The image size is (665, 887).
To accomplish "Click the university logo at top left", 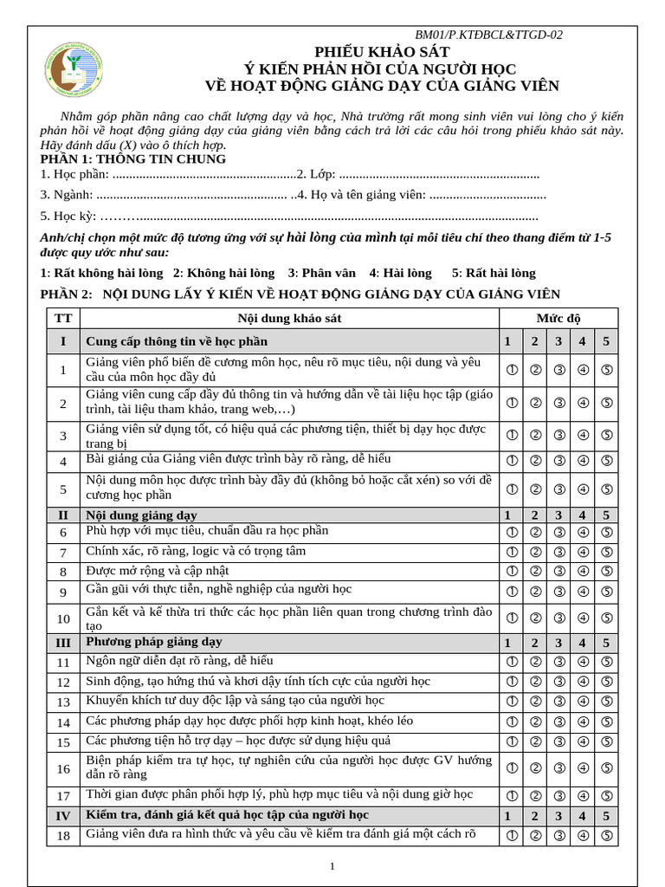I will pos(75,70).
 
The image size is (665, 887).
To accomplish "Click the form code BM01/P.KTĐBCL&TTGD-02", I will pos(488,35).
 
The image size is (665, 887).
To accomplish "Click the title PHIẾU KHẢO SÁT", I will pos(382,52).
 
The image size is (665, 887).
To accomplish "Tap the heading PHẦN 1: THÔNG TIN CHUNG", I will pos(133,159).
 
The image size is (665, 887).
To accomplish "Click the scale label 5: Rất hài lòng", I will pos(494,273).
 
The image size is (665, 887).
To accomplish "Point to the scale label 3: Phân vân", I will pos(323,273).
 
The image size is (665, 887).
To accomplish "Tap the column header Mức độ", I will pos(558,318).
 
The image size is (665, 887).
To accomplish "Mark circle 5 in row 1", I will pos(606,370).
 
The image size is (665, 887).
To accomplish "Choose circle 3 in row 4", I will pos(559,461).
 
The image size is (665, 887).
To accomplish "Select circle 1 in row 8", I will pos(512,571).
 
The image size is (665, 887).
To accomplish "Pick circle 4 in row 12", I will pos(583,682).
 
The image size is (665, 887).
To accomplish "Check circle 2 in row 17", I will pos(535,795).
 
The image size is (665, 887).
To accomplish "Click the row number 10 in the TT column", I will pos(63,618).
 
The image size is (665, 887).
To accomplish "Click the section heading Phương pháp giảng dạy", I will pos(154,642).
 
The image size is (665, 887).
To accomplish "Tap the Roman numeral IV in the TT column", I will pos(63,816).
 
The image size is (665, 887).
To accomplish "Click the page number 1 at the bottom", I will pos(332,866).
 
